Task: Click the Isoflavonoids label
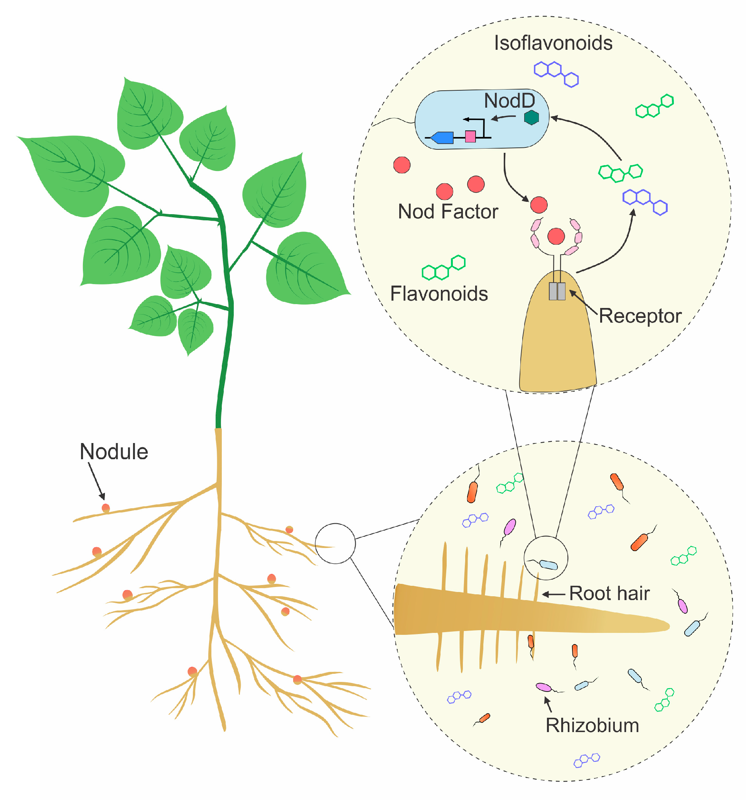click(553, 43)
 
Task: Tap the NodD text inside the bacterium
click(509, 101)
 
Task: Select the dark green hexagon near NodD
click(531, 117)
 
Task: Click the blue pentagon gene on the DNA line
click(442, 138)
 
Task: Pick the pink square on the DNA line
click(470, 136)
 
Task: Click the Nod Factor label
click(447, 211)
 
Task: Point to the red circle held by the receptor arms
click(555, 236)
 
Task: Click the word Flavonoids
click(439, 294)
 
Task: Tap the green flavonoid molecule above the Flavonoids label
click(443, 267)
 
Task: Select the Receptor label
click(640, 316)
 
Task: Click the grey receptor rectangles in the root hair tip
click(557, 291)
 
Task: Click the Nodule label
click(114, 452)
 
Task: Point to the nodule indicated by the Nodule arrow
click(106, 508)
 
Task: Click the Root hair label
click(609, 594)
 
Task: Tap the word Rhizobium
click(592, 726)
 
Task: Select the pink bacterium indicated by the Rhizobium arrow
click(544, 687)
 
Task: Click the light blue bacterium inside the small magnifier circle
click(548, 565)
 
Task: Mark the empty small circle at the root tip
click(335, 544)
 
